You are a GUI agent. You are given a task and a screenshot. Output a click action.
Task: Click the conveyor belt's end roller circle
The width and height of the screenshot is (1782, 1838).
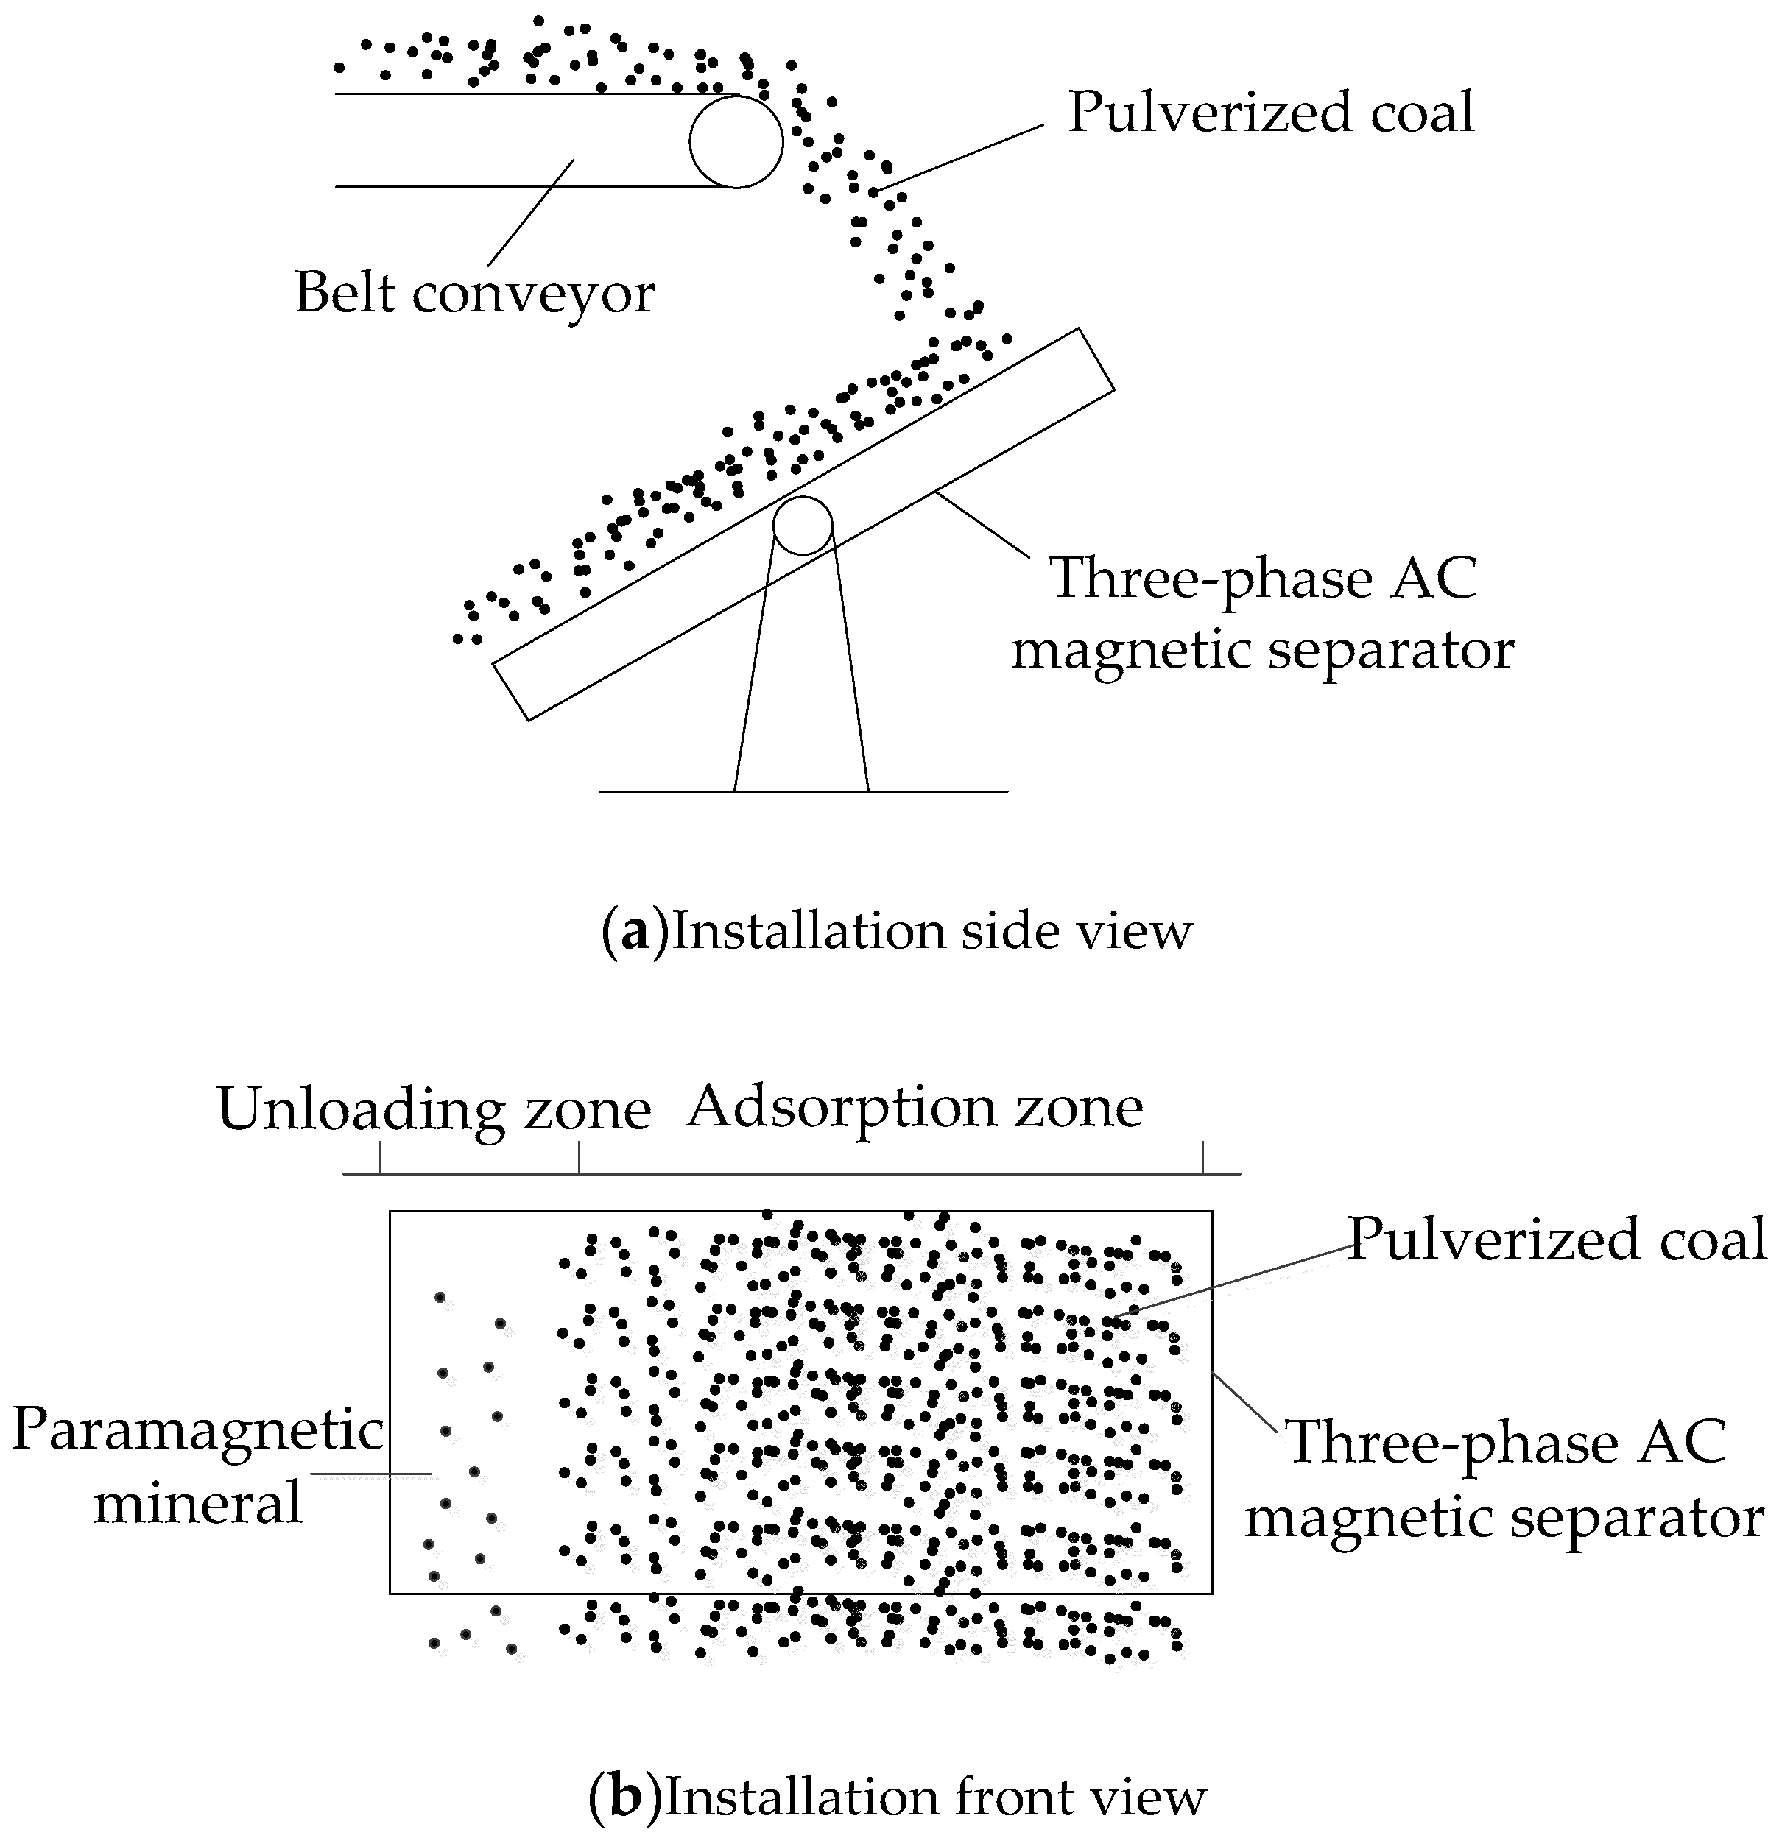pyautogui.click(x=736, y=141)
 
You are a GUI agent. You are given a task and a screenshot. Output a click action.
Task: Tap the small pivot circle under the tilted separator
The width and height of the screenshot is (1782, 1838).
pyautogui.click(x=803, y=525)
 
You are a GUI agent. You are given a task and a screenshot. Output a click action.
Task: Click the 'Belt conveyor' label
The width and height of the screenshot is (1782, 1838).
pyautogui.click(x=474, y=292)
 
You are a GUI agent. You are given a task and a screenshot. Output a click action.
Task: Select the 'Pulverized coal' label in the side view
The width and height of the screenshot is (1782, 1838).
pyautogui.click(x=1271, y=113)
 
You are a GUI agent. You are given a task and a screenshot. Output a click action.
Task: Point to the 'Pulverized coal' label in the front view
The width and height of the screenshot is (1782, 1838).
pyautogui.click(x=1557, y=1240)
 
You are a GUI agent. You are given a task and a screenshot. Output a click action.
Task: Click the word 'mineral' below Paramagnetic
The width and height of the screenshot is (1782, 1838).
pyautogui.click(x=198, y=1502)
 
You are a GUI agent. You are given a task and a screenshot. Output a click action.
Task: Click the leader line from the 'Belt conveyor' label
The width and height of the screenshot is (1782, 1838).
pyautogui.click(x=530, y=212)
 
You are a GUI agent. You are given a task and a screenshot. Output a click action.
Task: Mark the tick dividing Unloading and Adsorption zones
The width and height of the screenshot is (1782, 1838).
pyautogui.click(x=579, y=1157)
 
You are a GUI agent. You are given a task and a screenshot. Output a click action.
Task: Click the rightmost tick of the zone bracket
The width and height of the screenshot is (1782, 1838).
pyautogui.click(x=1203, y=1157)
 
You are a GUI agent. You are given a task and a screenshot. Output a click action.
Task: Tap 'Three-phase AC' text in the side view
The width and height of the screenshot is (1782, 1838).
pyautogui.click(x=1264, y=578)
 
